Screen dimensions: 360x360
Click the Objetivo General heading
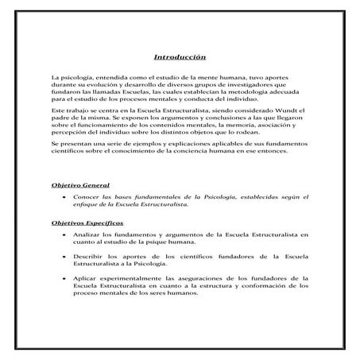coord(81,185)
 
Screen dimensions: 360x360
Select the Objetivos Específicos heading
coord(89,224)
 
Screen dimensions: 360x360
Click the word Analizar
coord(88,236)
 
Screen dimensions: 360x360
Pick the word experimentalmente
coord(138,280)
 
